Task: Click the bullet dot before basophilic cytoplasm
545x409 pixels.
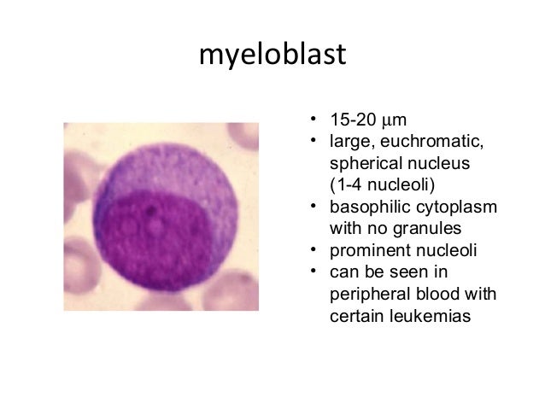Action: coord(314,206)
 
